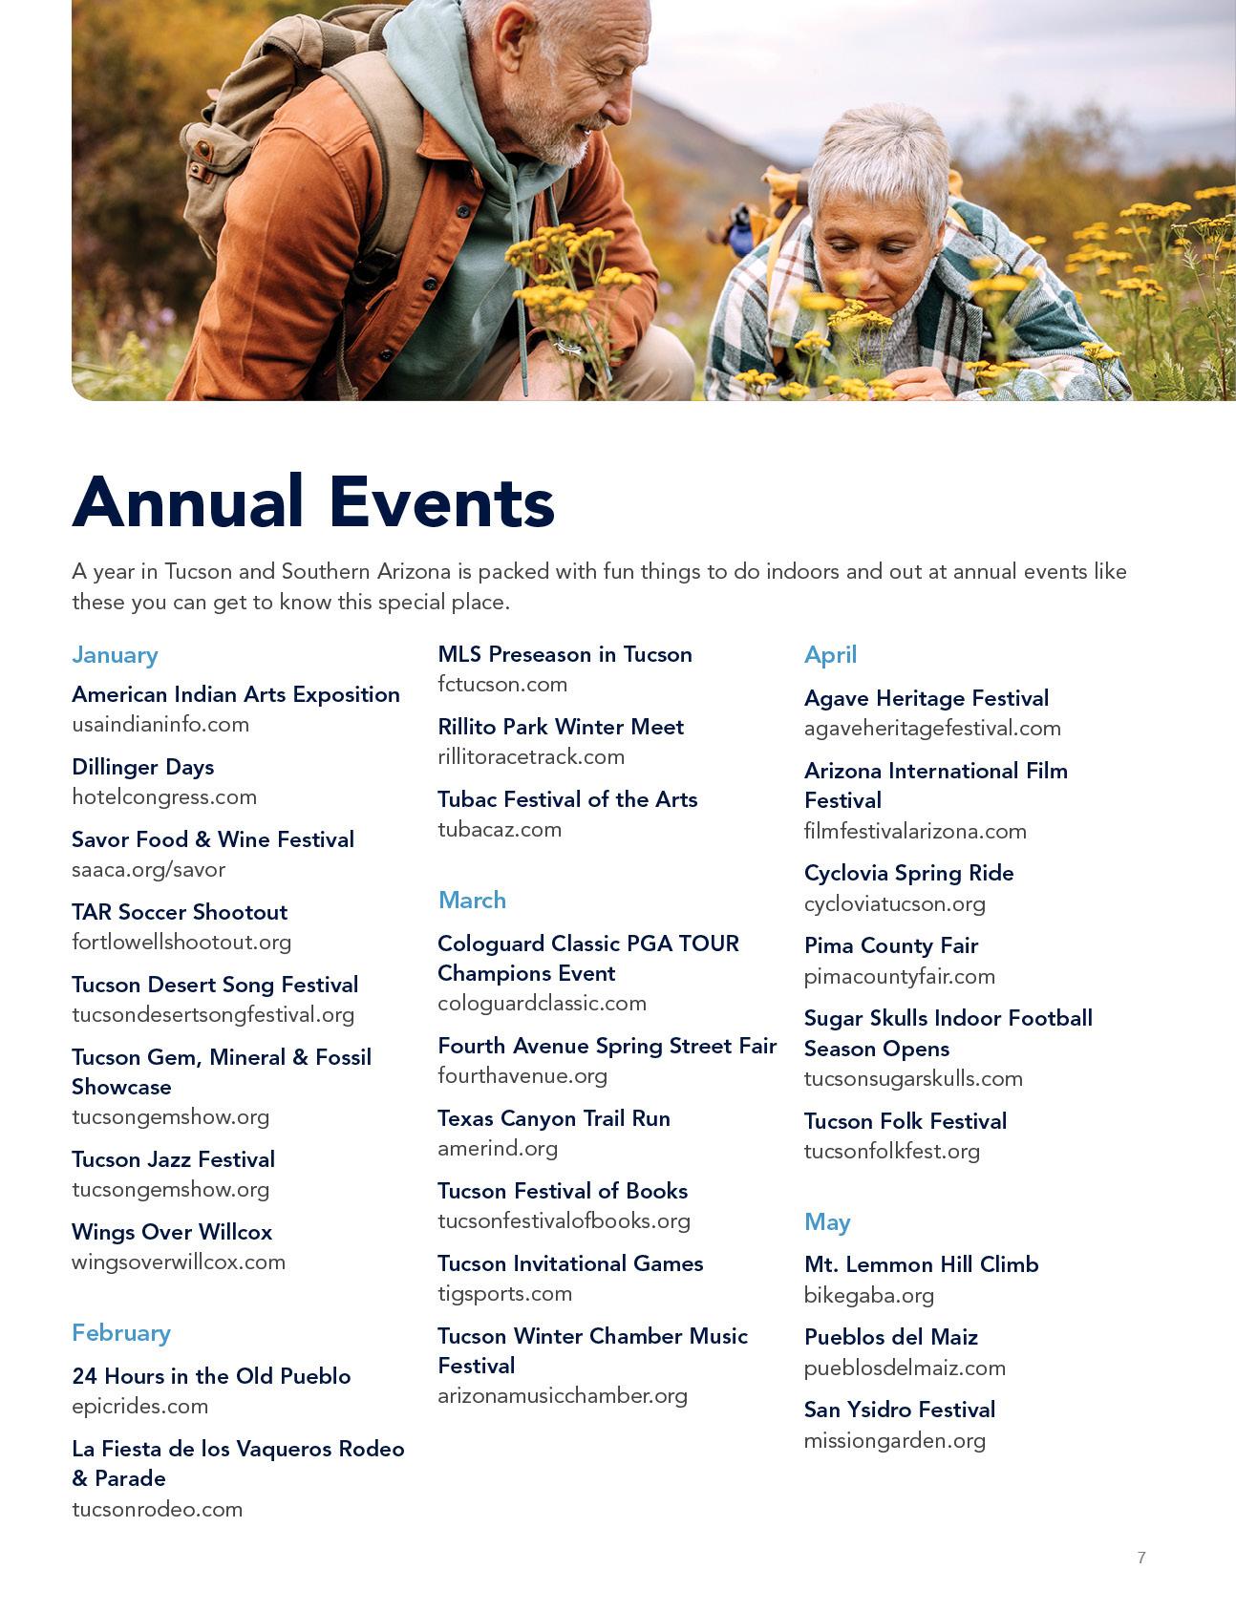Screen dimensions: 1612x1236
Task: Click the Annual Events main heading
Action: (x=312, y=501)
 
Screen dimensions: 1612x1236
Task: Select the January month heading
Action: (x=115, y=655)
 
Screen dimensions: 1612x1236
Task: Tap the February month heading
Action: (x=120, y=1333)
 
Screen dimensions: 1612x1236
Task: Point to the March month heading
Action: (x=472, y=901)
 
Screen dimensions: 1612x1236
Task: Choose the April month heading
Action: (x=830, y=655)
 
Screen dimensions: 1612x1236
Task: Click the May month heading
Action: (x=826, y=1222)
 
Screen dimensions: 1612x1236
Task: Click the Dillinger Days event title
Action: (x=142, y=767)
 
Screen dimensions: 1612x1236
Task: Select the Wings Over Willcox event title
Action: (x=172, y=1232)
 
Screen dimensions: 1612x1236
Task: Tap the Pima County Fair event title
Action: (x=890, y=945)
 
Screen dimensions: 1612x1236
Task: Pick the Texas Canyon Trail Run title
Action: (x=553, y=1118)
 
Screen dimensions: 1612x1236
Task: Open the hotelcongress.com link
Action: (x=164, y=796)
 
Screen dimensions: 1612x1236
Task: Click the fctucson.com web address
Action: (x=502, y=684)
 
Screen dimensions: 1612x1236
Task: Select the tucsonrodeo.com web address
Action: (x=157, y=1509)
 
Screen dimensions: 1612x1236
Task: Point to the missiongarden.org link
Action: (x=894, y=1440)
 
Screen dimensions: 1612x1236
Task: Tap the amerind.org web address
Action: (x=497, y=1148)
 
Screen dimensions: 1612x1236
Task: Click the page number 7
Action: (x=1141, y=1558)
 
